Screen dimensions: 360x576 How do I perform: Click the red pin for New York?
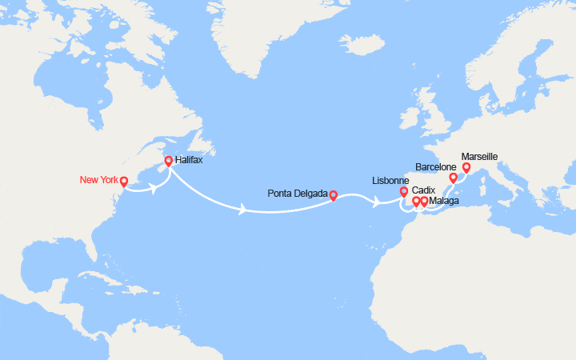tap(124, 182)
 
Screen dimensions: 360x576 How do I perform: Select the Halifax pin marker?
tap(168, 162)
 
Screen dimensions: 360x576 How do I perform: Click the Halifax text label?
tap(189, 161)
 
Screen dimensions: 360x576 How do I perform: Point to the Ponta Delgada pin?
tap(333, 194)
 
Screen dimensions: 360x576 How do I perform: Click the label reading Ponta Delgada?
tap(298, 194)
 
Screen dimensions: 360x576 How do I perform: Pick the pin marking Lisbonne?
tap(404, 192)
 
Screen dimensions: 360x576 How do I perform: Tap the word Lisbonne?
tap(391, 181)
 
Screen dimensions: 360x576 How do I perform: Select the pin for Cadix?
tap(416, 201)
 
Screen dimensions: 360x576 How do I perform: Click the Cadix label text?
tap(423, 190)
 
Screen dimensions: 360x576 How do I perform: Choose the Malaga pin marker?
tap(425, 201)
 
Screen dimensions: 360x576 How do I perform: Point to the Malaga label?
tap(445, 201)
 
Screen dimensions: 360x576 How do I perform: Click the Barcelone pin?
tap(453, 178)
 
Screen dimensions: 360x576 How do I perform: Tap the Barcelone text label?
tap(436, 166)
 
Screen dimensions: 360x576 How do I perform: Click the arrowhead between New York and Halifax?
tap(154, 190)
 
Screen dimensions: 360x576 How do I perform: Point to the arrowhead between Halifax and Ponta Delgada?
tap(243, 210)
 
